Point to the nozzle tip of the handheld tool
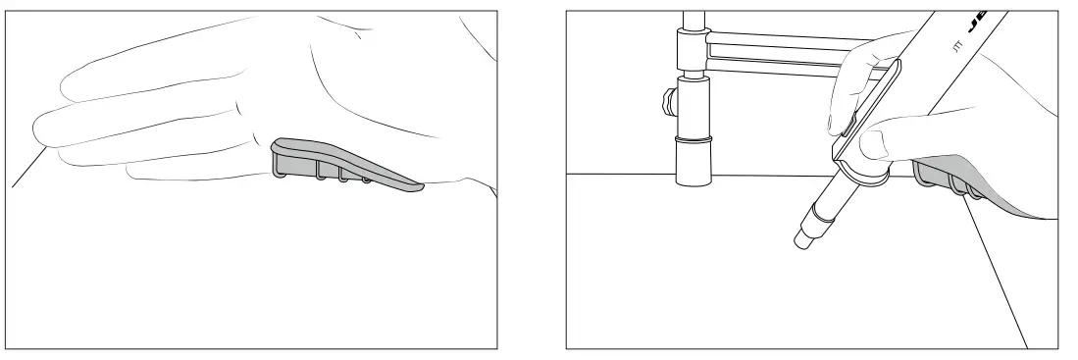click(798, 238)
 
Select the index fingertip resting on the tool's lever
click(836, 126)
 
